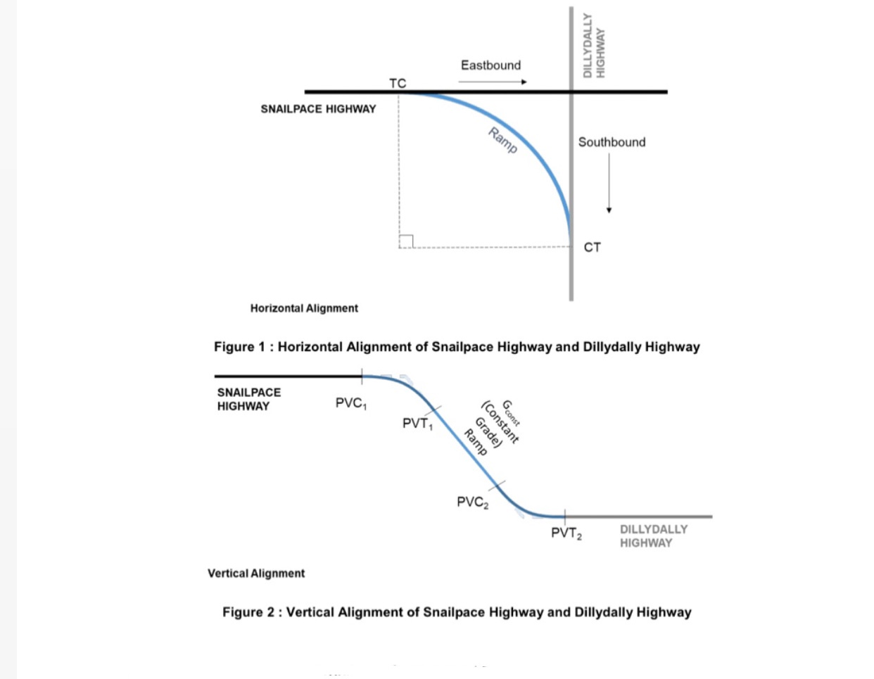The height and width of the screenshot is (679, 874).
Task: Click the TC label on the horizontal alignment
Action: [x=398, y=83]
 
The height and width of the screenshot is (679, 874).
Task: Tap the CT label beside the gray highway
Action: [x=592, y=248]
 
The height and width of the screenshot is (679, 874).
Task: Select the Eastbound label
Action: [x=490, y=65]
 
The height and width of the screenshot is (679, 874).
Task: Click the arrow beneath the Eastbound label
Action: [x=492, y=82]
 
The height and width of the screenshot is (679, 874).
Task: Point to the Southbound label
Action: [x=612, y=142]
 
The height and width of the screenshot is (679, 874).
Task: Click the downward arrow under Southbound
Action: [x=609, y=183]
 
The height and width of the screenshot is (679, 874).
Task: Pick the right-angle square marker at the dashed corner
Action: [x=406, y=241]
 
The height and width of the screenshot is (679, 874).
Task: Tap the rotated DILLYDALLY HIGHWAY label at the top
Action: [x=594, y=45]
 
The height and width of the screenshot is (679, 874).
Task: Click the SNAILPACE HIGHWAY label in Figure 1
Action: [x=318, y=109]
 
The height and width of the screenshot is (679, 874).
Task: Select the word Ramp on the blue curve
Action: [x=502, y=141]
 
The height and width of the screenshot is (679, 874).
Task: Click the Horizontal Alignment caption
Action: [x=304, y=308]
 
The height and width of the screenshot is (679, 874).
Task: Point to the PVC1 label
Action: [x=350, y=403]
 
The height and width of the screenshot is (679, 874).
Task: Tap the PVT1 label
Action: [x=417, y=424]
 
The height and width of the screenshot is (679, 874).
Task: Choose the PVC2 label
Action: [x=472, y=502]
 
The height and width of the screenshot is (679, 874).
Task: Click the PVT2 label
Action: [x=566, y=533]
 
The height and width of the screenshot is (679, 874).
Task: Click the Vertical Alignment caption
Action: [x=256, y=573]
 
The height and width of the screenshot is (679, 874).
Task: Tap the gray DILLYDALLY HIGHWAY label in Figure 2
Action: [x=652, y=536]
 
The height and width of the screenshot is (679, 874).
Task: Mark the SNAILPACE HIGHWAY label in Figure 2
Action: [x=248, y=399]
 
